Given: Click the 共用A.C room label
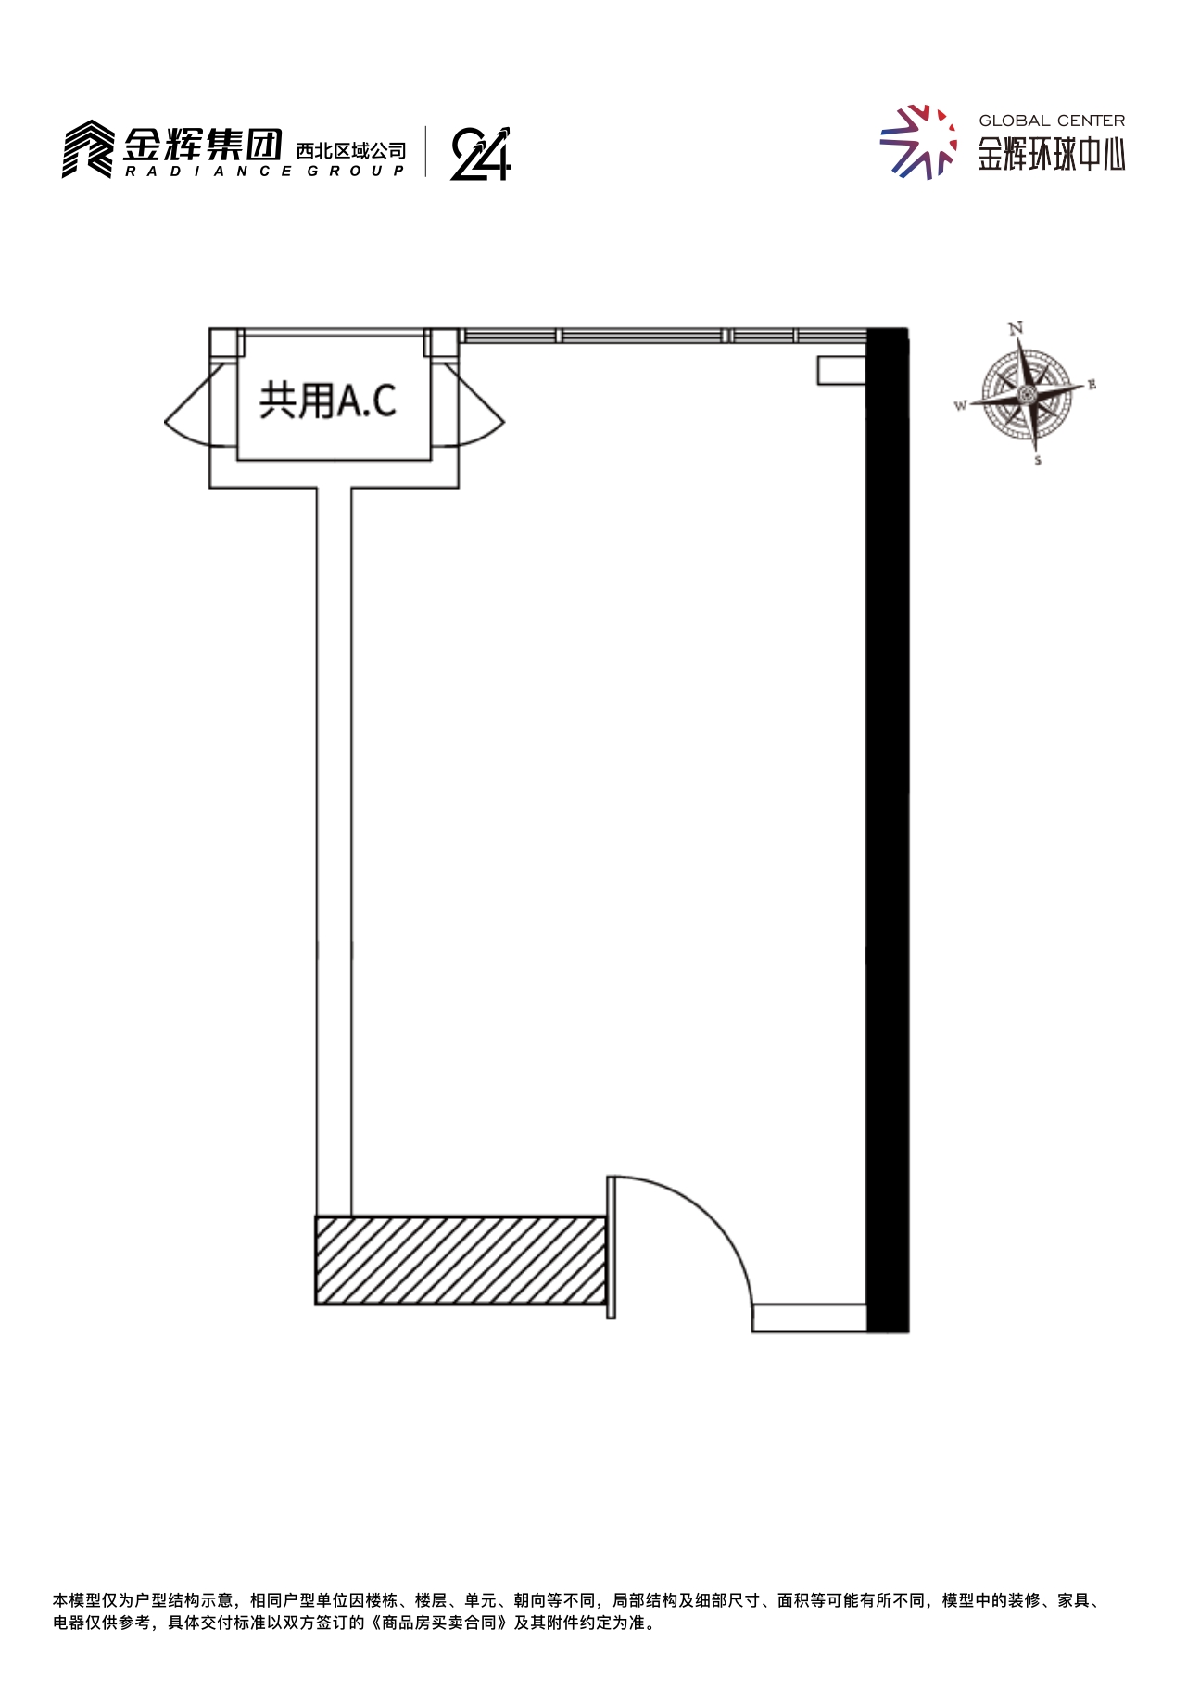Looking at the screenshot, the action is [328, 401].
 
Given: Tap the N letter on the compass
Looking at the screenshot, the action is [1016, 327].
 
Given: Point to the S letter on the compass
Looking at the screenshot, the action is [1038, 461].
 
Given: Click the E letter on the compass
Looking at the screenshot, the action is [1092, 385].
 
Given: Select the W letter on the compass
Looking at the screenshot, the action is [961, 405].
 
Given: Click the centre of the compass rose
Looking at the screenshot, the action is [1027, 395].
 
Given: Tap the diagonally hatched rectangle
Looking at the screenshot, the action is [461, 1260].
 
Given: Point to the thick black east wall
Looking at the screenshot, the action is [888, 830].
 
